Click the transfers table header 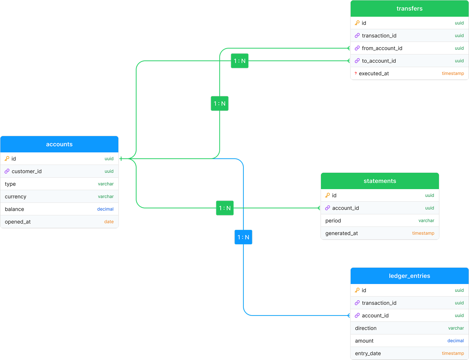(x=409, y=9)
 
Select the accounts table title (x=59, y=144)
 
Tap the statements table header (x=380, y=181)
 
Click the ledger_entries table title (x=409, y=276)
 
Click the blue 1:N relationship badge (x=243, y=237)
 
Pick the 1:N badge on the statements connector (x=225, y=208)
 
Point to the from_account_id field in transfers (x=382, y=48)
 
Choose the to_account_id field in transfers (x=379, y=61)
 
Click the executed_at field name (x=374, y=73)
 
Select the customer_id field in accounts (x=27, y=171)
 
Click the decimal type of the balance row (x=105, y=209)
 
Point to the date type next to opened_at (x=109, y=222)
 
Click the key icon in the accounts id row (x=7, y=159)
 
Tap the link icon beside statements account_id (x=327, y=208)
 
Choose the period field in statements (x=333, y=221)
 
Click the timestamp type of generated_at (x=423, y=233)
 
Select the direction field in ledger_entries (x=365, y=328)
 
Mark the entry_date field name (x=368, y=354)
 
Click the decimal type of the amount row (x=455, y=341)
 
